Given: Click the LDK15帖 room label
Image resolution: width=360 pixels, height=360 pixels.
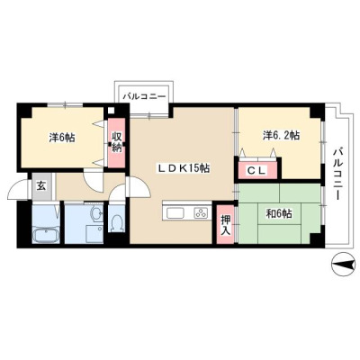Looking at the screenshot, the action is point(184,169).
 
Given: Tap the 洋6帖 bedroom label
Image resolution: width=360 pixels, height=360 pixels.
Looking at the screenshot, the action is point(62,138).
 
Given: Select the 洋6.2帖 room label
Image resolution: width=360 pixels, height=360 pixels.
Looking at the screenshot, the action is point(281,135).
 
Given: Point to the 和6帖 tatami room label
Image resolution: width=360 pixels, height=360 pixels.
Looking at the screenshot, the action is point(279,214).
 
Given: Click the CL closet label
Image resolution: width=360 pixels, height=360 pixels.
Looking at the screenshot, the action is point(256,171).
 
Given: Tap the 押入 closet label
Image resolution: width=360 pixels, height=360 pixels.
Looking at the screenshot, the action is point(226,225).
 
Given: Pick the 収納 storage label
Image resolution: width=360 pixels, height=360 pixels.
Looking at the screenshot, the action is point(116,142).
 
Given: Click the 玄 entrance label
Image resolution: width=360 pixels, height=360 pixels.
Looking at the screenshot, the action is point(41,186).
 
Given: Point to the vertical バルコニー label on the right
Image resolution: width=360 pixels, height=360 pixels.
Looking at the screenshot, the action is point(338,173).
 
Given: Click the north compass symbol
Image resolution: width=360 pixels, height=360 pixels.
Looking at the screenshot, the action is point(343,264).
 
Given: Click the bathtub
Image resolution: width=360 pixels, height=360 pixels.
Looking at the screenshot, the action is point(46,234).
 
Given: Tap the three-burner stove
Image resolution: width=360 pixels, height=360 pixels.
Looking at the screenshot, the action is point(201,213).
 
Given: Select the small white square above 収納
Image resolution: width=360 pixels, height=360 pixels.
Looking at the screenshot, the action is point(111,110).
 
